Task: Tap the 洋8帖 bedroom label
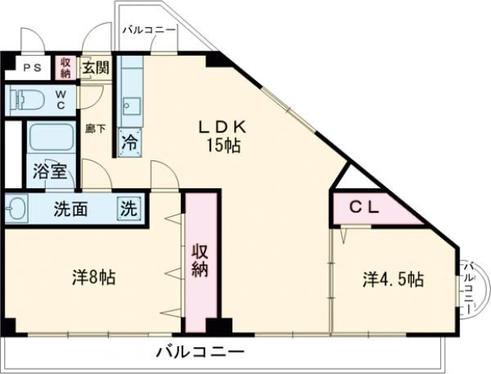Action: [x=93, y=277]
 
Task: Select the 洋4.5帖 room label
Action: [x=394, y=279]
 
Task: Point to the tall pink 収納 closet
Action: [x=201, y=260]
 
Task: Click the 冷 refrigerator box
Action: [x=130, y=142]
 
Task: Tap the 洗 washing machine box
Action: [x=129, y=207]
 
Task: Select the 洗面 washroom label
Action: [x=70, y=208]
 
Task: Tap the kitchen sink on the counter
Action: [x=130, y=106]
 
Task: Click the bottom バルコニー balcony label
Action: [x=200, y=352]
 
